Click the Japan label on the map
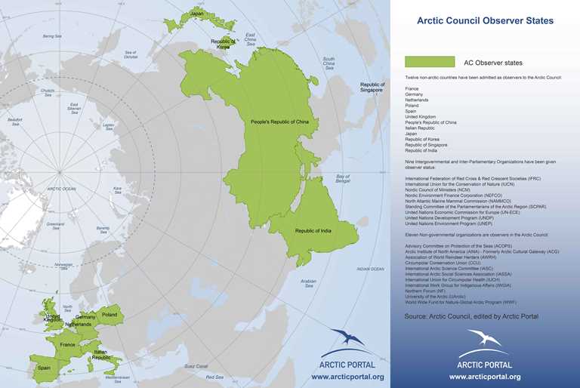point(197,13)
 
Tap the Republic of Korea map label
point(223,44)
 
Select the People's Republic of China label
point(280,121)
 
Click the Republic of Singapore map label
point(372,87)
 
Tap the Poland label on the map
point(110,315)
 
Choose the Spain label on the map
point(44,368)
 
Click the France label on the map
point(68,345)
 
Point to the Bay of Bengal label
point(344,179)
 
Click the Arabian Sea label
point(308,283)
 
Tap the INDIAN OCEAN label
point(371,268)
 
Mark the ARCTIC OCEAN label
point(61,188)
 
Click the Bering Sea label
point(52,35)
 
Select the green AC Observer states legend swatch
point(429,62)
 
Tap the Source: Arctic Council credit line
point(471,316)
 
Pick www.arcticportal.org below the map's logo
point(347,376)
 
